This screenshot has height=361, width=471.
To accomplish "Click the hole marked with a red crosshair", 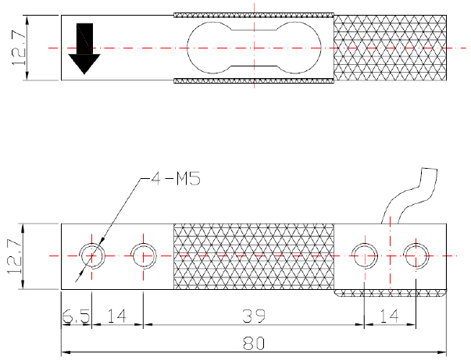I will pyautogui.click(x=416, y=255).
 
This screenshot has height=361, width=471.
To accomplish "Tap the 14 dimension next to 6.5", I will pyautogui.click(x=118, y=316).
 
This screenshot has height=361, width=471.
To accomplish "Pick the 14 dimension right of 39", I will pyautogui.click(x=391, y=316).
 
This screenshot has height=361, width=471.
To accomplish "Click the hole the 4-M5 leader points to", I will pyautogui.click(x=92, y=255).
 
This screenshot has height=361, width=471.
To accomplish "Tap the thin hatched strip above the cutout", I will pyautogui.click(x=254, y=15).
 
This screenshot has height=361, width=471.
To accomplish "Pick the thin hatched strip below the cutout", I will pyautogui.click(x=254, y=80).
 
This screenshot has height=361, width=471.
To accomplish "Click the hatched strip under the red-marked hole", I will pyautogui.click(x=391, y=294).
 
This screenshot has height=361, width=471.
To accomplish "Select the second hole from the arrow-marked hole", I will pyautogui.click(x=145, y=255).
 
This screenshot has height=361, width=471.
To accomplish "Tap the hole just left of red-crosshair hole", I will pyautogui.click(x=365, y=255).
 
